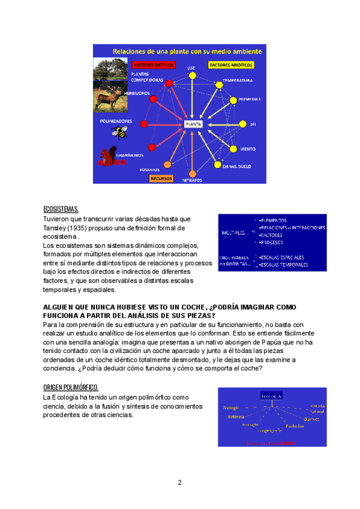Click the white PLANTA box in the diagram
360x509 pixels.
[193, 124]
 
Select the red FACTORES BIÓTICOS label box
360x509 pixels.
[153, 64]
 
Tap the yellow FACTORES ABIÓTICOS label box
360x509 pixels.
[230, 64]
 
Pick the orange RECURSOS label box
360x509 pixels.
[161, 178]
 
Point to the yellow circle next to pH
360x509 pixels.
[243, 125]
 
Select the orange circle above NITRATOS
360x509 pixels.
[193, 171]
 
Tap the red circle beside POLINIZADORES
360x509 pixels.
[144, 124]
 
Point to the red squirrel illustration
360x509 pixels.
[106, 158]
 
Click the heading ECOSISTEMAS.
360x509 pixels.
[61, 209]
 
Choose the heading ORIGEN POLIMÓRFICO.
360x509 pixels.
[71, 387]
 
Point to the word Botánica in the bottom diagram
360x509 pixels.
[235, 415]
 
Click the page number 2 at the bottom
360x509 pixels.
[179, 482]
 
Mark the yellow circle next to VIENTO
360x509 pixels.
[234, 148]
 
